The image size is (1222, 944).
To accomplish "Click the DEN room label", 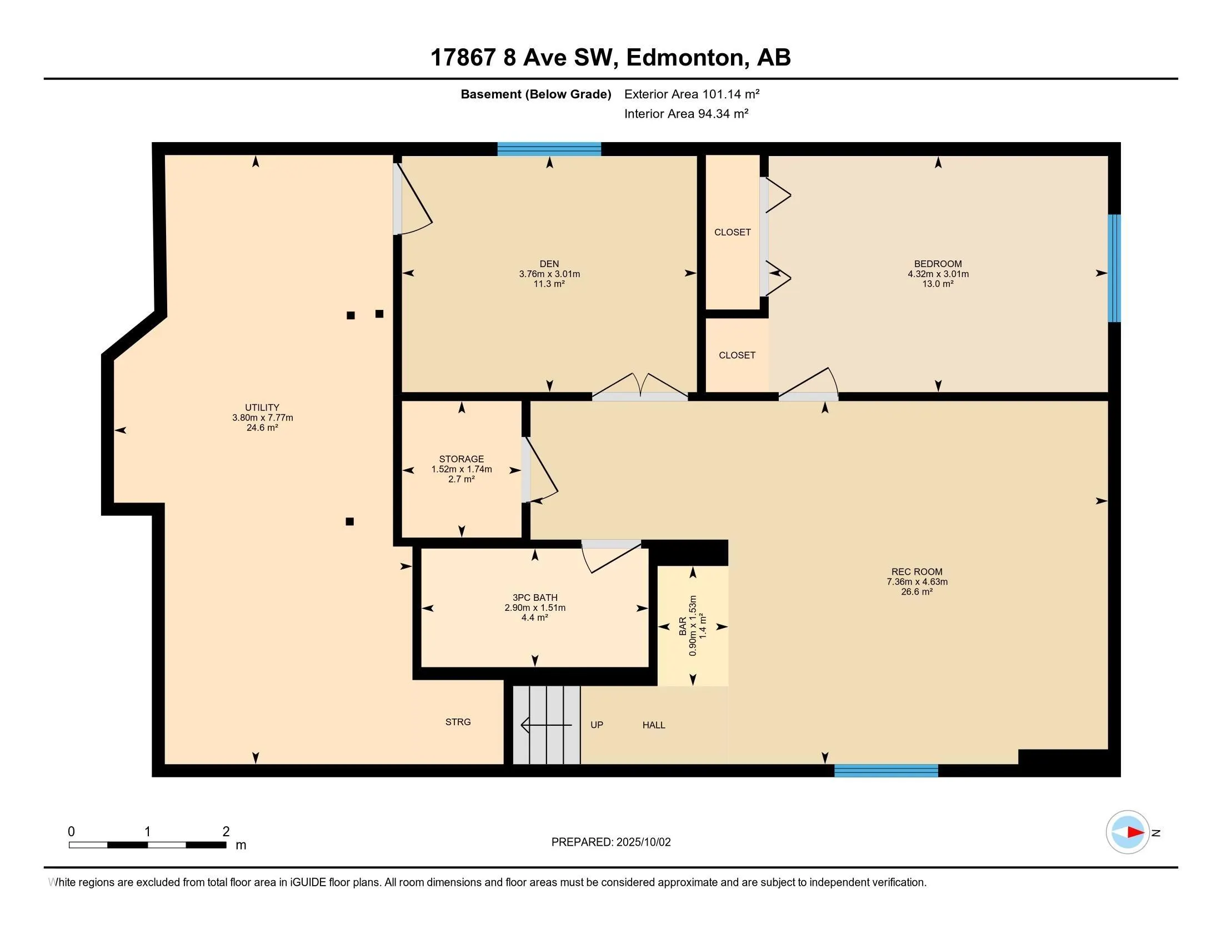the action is tap(549, 264).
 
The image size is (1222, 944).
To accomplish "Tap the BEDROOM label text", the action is tap(938, 264).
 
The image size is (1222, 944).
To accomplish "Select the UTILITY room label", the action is tap(262, 408).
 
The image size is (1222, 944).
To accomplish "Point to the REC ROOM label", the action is tap(916, 571).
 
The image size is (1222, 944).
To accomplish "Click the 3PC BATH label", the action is tap(535, 598).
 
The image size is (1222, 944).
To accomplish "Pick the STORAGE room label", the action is tap(462, 459).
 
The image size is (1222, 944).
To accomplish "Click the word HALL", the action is tap(654, 725).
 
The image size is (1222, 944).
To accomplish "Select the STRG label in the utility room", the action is tap(458, 722).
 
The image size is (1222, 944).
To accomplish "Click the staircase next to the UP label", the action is tap(547, 725).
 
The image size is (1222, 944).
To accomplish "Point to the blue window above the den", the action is tap(549, 149).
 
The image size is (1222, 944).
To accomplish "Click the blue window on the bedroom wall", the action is tap(1115, 268).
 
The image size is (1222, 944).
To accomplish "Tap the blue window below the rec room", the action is tap(886, 771).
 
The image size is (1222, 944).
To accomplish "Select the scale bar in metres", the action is tap(148, 845).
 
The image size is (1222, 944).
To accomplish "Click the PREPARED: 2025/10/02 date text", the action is tap(611, 842).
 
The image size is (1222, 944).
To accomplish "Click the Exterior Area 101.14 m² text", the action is tap(692, 94).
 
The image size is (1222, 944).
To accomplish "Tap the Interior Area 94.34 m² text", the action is tap(686, 113).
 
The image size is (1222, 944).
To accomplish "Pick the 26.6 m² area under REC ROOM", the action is tap(916, 592).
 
